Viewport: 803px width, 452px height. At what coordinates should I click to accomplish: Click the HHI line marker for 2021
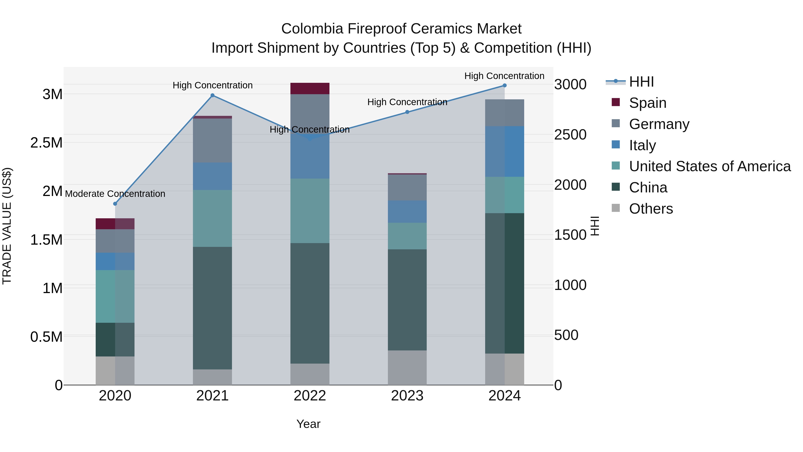[212, 96]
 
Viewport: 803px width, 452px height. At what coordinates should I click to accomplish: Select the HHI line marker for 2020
[115, 204]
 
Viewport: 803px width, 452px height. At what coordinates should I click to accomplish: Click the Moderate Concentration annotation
[115, 194]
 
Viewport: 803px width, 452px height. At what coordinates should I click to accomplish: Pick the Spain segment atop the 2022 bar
[310, 89]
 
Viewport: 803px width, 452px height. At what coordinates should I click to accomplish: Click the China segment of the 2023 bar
[407, 300]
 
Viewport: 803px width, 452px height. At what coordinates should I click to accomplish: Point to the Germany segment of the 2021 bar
[212, 140]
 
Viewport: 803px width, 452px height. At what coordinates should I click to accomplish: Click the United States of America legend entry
[710, 166]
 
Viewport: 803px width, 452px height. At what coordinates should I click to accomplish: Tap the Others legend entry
[651, 209]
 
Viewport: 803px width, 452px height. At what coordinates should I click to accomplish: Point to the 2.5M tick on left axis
[46, 143]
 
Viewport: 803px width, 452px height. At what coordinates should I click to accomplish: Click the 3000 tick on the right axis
[570, 85]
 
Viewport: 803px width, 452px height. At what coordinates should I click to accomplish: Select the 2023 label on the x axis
[407, 396]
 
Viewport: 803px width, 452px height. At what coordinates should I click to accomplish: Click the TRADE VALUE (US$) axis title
[7, 226]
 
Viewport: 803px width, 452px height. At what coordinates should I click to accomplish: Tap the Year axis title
[308, 424]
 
